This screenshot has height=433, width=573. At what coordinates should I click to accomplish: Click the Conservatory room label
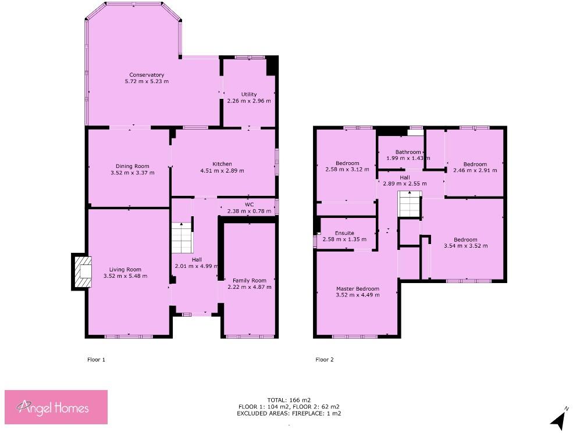point(147,75)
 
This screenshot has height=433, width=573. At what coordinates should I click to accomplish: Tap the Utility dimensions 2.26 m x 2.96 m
point(248,101)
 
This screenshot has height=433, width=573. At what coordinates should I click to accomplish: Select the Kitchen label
point(222,164)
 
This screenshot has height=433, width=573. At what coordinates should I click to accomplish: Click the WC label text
point(249,205)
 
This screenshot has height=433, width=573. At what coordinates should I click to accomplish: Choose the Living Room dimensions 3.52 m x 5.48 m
point(125,276)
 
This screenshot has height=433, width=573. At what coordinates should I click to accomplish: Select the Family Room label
point(249,281)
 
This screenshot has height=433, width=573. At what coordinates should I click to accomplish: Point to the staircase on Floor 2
point(409,205)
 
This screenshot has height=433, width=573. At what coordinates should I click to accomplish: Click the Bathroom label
point(408,152)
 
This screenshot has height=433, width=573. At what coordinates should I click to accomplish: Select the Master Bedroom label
point(357,289)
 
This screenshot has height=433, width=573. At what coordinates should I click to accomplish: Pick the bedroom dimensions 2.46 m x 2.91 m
point(475,170)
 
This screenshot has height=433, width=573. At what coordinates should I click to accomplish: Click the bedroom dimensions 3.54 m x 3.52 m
point(465,246)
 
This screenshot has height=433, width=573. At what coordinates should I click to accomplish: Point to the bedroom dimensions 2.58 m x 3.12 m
point(347,170)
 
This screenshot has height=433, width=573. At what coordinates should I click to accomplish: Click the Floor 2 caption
point(325,360)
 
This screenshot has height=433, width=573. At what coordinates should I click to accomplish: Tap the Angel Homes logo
point(56,406)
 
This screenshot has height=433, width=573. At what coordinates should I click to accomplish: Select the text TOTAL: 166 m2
point(288,400)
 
